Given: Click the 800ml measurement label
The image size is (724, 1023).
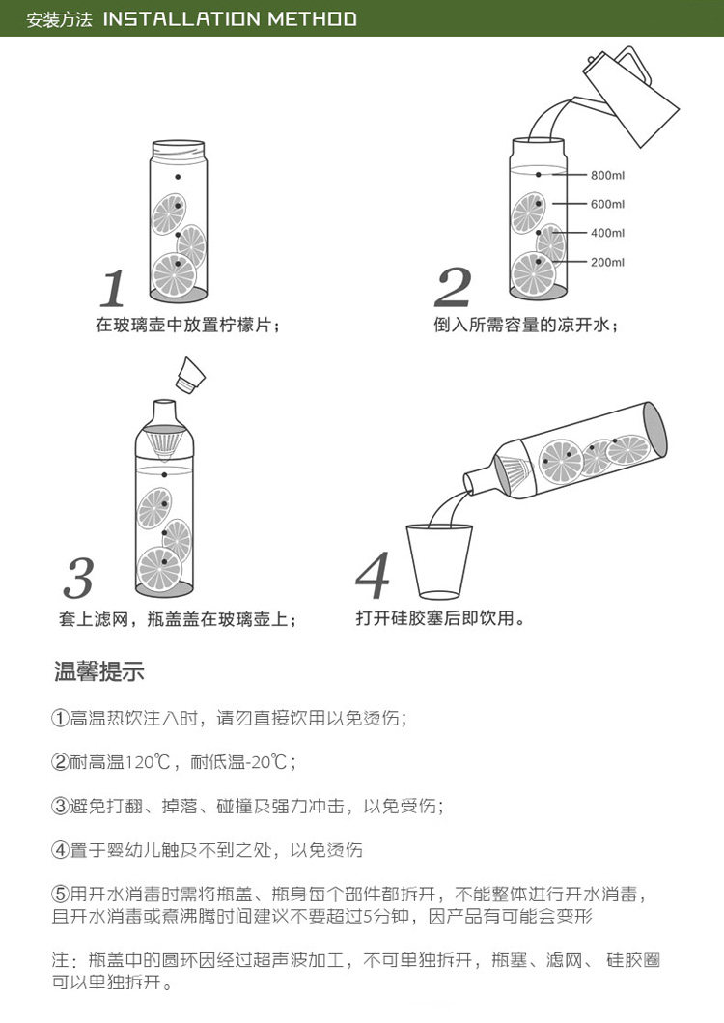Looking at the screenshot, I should point(608,175).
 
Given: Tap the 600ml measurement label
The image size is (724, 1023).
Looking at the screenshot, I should point(608,204).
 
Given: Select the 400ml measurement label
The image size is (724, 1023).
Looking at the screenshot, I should point(608,233).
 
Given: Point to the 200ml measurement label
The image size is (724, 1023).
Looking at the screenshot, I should point(608,262).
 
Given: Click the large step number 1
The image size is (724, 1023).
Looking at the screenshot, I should point(113,289).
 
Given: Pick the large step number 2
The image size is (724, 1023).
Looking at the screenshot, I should point(453,289).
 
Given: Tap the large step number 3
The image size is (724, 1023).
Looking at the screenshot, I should point(80,578).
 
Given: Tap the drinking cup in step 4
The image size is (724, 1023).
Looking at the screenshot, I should point(439,561).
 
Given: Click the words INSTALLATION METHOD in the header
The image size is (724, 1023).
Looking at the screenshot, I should point(230,18).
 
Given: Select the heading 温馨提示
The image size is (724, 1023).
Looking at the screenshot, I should point(99,671).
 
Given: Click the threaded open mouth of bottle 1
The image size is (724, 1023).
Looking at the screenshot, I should point(179,149).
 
